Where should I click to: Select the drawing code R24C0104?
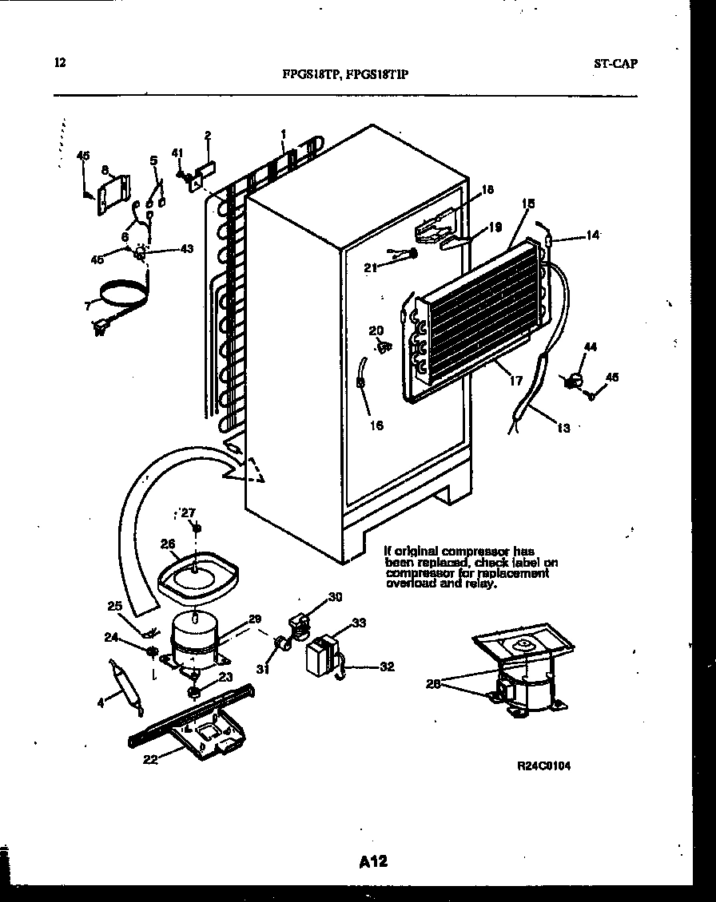click(544, 765)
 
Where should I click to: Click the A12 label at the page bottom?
click(374, 861)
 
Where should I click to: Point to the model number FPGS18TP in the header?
click(312, 77)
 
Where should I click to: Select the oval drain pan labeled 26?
click(196, 573)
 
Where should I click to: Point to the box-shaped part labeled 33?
click(321, 653)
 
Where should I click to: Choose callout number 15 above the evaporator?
click(527, 203)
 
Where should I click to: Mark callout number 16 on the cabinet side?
click(376, 425)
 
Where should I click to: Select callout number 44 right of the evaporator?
click(591, 347)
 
